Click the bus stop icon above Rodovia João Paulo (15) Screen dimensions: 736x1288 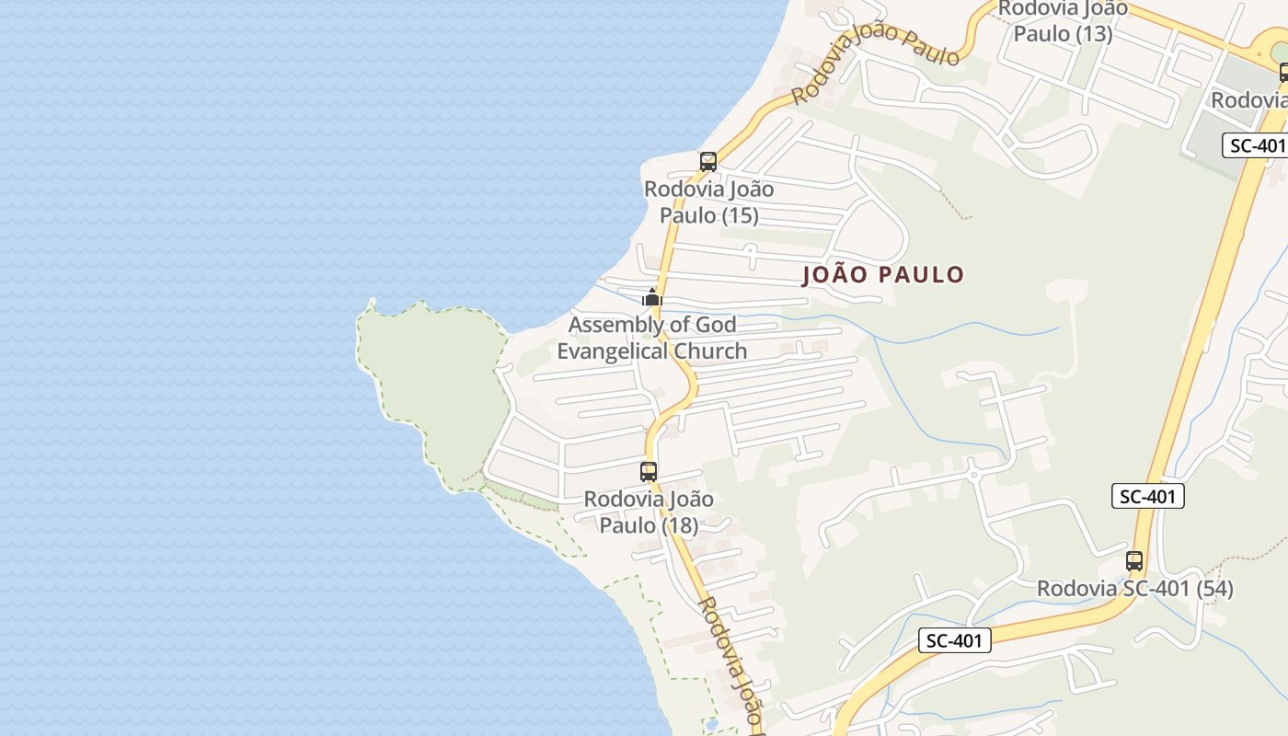coord(707,162)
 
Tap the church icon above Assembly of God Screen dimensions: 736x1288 coord(652,297)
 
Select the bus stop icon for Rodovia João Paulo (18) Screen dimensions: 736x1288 coord(649,472)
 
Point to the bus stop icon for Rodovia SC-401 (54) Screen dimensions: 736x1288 coord(1134,560)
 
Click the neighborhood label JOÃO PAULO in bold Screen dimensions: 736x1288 coord(883,275)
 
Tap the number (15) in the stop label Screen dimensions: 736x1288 coord(739,215)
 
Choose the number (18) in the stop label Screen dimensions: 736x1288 coord(679,525)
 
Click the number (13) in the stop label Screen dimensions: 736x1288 coord(1093,34)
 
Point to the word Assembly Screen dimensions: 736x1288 coord(604,325)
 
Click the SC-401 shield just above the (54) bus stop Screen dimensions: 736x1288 coord(1148,497)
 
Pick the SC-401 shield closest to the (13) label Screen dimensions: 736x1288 coord(1256,145)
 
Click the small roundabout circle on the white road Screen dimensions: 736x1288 coord(973,475)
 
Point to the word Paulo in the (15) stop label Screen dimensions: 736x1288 coord(686,215)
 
